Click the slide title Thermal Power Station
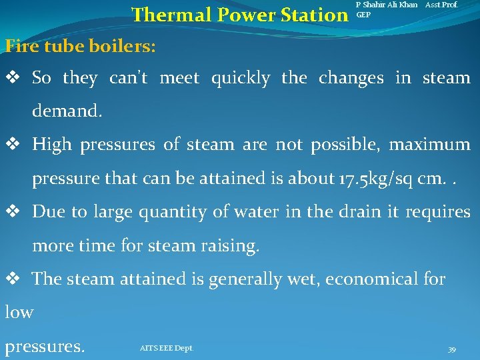(x=236, y=15)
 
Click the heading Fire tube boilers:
(x=81, y=46)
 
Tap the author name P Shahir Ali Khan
(x=387, y=5)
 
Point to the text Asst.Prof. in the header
(x=442, y=5)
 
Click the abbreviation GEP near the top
(x=364, y=14)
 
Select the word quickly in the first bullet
(x=240, y=78)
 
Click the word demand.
(x=67, y=111)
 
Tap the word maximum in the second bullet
(x=435, y=145)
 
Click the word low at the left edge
(x=19, y=312)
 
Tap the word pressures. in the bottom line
(x=45, y=347)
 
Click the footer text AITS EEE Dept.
(x=167, y=348)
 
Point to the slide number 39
(x=451, y=350)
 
